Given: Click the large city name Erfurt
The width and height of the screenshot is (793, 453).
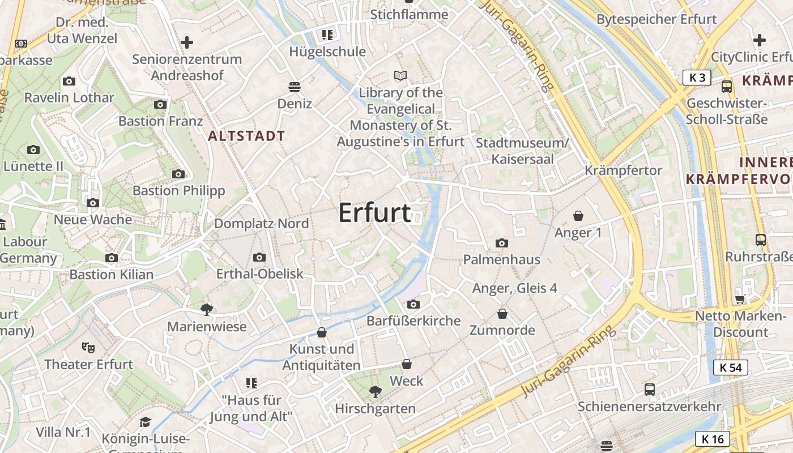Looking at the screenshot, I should point(374,212).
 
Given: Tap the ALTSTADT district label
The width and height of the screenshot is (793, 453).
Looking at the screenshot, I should point(246,136).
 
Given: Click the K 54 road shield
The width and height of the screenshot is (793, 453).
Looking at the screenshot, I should point(730,367).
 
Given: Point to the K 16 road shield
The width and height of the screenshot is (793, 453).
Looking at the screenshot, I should point(712,438).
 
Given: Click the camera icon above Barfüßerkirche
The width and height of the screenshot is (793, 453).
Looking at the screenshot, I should point(413,304).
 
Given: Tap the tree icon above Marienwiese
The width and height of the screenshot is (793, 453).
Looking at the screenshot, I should point(207,309).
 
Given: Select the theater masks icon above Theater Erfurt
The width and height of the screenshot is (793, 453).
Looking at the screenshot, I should point(88,347).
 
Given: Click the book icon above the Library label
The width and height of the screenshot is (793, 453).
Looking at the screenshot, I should point(400,75).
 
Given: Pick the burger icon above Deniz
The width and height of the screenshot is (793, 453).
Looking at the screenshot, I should point(294,87).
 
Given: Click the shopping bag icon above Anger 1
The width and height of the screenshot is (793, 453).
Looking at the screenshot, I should point(578,216).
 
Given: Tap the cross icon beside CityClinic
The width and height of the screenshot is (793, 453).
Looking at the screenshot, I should point(760,40).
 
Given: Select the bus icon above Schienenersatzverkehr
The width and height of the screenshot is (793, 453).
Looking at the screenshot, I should point(650,390).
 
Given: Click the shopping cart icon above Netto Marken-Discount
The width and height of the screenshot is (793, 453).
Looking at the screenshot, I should point(740,299).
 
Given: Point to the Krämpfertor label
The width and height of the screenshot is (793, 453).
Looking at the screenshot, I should point(623,170).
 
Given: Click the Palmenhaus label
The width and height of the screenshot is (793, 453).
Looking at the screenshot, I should point(501,259).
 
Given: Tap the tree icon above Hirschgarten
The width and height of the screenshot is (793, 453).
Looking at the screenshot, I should point(374,391).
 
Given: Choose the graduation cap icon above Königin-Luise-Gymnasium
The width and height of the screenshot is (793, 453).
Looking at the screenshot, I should point(146,422).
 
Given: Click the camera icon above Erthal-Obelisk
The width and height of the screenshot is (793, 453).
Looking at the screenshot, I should point(259,257).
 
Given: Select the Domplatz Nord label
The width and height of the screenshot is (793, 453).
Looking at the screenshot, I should point(261,224).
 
